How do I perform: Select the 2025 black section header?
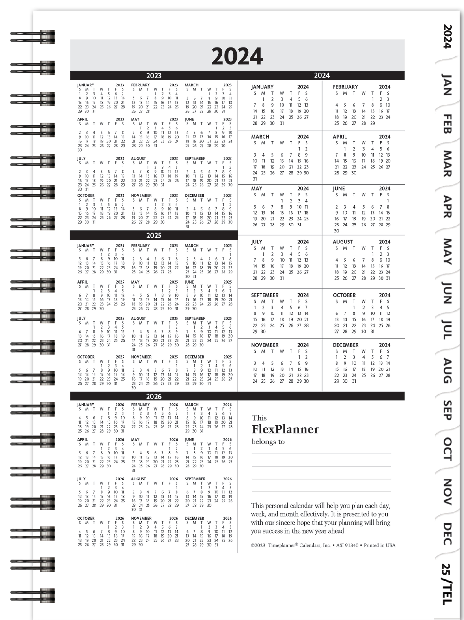pos(154,235)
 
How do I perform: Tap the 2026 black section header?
pos(154,396)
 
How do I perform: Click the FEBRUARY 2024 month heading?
pos(345,87)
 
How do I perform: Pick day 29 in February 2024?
pos(372,123)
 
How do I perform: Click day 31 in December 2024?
pos(354,381)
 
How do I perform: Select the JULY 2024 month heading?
pos(257,242)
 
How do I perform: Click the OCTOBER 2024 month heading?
pos(344,295)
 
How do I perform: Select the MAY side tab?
pos(447,251)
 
